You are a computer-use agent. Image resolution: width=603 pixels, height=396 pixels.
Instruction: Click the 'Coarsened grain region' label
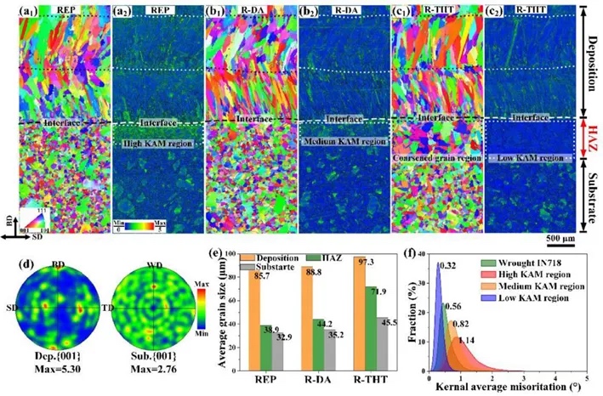pos(435,159)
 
